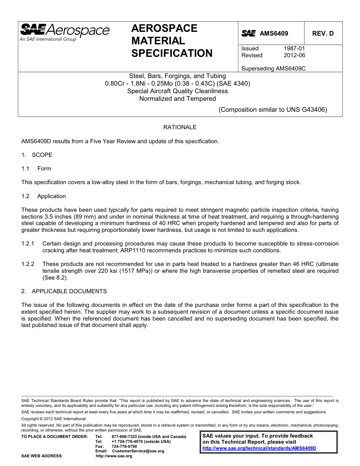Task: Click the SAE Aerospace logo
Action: coord(64,32)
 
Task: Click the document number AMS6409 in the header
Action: coord(274,33)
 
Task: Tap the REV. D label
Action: coord(323,33)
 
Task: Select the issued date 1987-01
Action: coord(294,48)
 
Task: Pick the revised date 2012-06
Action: coord(294,55)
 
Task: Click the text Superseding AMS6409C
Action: coord(273,69)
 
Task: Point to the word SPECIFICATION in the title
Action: coord(172,53)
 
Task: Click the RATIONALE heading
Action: coord(180,127)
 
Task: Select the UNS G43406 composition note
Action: coord(273,110)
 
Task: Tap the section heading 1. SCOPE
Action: coord(37,155)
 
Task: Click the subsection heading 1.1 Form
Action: coord(36,169)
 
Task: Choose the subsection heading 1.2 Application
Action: coord(44,196)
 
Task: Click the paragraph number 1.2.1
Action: coord(28,244)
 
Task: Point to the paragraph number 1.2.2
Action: coord(28,264)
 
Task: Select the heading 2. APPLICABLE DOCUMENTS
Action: coord(64,291)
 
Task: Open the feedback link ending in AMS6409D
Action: coord(259,448)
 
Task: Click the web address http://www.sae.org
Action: coord(114,456)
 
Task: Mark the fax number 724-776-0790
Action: coord(124,446)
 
